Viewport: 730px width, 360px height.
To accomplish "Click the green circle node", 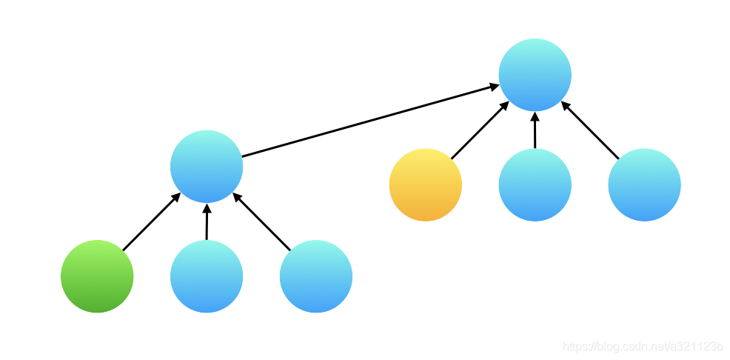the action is pos(97,276).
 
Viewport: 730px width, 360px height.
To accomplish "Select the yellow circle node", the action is pos(426,184).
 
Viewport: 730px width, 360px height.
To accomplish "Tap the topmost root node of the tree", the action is pos(535,75).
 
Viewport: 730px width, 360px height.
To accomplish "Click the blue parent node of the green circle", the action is pos(207,167).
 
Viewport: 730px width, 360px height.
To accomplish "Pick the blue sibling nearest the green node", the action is pos(207,276).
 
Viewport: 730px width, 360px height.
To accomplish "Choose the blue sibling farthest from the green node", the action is pos(316,276).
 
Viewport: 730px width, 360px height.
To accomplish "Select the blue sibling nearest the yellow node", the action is pos(535,184).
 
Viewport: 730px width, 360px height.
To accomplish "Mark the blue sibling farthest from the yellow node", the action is pos(644,184).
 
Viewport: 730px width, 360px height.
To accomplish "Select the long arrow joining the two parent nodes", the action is pos(370,121).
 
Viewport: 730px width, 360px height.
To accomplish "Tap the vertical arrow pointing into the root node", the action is pos(535,130).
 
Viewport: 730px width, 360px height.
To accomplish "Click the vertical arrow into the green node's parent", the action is pos(207,222).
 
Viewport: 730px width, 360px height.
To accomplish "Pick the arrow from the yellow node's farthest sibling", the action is pos(590,130).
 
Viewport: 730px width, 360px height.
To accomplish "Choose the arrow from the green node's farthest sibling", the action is pos(263,222).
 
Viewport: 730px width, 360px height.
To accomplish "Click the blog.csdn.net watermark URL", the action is pos(643,347).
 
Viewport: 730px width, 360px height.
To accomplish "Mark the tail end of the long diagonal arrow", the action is pos(245,156).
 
